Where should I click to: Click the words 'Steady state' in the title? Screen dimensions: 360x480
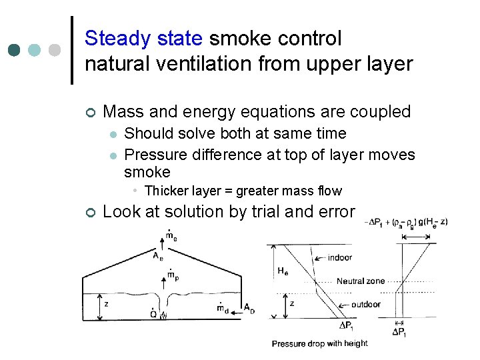coord(143,39)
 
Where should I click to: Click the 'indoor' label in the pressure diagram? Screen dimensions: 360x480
coord(340,257)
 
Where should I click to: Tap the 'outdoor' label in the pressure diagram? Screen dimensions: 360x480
coord(365,304)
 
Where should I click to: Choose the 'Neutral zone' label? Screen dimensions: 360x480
coord(360,281)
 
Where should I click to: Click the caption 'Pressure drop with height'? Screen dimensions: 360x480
coord(319,344)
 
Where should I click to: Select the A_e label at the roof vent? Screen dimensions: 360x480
coord(157,255)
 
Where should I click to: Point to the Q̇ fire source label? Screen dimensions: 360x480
coord(154,313)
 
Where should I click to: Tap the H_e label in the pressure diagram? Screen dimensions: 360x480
coord(283,271)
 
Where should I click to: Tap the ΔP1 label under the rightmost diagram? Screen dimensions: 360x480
coord(399,331)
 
